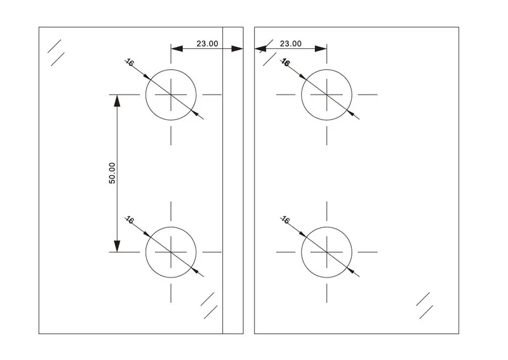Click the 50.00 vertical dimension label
pyautogui.click(x=112, y=173)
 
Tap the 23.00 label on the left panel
pyautogui.click(x=208, y=44)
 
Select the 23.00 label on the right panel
pyautogui.click(x=291, y=44)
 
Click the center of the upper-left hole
pyautogui.click(x=171, y=95)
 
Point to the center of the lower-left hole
pyautogui.click(x=171, y=252)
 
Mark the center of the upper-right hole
pyautogui.click(x=326, y=95)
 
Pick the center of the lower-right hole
pyautogui.click(x=326, y=252)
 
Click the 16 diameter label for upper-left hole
pyautogui.click(x=130, y=62)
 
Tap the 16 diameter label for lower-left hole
pyautogui.click(x=130, y=220)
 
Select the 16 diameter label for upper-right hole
pyautogui.click(x=285, y=62)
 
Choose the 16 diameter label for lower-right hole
pyautogui.click(x=285, y=220)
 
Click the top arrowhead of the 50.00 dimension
pyautogui.click(x=117, y=100)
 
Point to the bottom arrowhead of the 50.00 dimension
pyautogui.click(x=117, y=246)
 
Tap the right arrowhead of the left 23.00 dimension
pyautogui.click(x=237, y=49)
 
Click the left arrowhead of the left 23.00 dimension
pyautogui.click(x=177, y=49)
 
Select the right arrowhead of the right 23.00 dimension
pyautogui.click(x=321, y=49)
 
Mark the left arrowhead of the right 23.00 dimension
pyautogui.click(x=260, y=49)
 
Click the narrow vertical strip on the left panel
pyautogui.click(x=233, y=180)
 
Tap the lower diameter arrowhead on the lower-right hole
pyautogui.click(x=351, y=270)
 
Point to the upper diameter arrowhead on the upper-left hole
pyautogui.click(x=147, y=76)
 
